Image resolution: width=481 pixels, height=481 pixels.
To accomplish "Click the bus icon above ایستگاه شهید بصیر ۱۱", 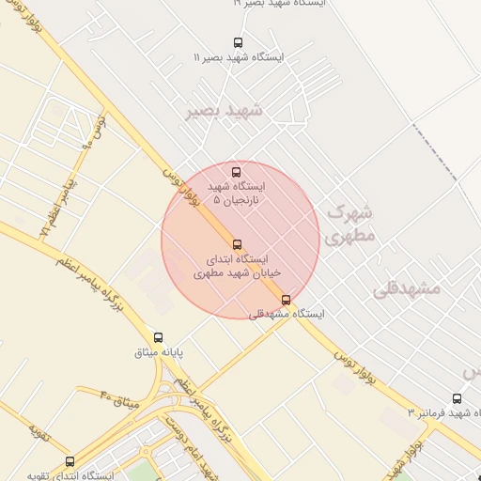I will (x=238, y=42).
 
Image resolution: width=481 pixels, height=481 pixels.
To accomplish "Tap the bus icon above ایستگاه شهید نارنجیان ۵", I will (x=236, y=172).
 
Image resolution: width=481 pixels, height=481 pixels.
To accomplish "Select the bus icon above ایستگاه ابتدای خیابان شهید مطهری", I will (x=237, y=244).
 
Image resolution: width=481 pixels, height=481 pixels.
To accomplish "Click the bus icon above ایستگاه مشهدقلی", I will (x=287, y=300).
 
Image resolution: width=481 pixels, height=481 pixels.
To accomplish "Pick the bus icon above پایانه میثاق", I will (x=158, y=337).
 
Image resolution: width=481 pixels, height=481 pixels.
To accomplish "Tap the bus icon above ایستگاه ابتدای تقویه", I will (x=70, y=461).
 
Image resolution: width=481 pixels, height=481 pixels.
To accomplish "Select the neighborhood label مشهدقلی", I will (x=407, y=288).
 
